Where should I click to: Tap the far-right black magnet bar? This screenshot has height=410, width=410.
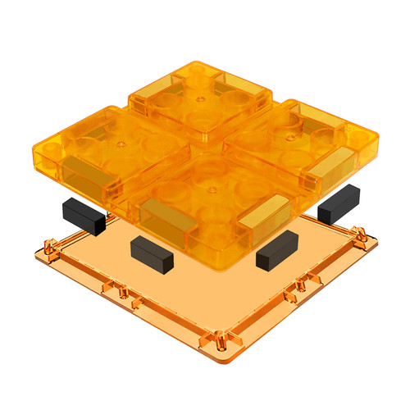coord(339,203)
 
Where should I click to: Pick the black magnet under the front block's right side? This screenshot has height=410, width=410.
coord(276,250)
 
